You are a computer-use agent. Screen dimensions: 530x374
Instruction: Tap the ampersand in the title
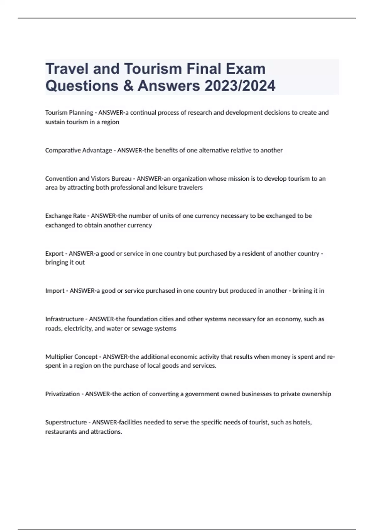point(128,86)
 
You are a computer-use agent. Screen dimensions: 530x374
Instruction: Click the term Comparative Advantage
point(79,150)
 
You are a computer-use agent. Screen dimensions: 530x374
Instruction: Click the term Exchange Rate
point(65,216)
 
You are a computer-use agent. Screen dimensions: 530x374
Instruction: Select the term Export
point(54,253)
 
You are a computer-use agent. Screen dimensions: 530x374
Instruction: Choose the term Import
point(55,291)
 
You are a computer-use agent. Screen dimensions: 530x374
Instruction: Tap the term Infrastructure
point(65,319)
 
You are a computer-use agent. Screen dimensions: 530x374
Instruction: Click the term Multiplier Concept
point(71,357)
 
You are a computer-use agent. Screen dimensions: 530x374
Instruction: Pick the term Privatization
point(62,394)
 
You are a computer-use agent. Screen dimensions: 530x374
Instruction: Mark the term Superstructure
point(66,422)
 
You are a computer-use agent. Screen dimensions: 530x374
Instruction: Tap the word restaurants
point(61,432)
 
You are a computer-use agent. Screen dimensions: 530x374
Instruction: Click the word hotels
point(302,422)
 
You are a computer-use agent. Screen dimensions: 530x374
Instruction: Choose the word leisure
point(170,188)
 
